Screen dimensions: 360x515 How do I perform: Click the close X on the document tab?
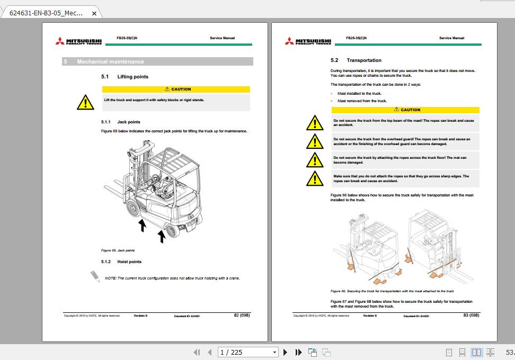pos(94,13)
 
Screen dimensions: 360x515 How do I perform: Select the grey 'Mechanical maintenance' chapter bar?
pos(157,62)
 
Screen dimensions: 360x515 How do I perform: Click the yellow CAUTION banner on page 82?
pos(175,89)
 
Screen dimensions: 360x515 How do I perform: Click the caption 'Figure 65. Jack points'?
pos(118,250)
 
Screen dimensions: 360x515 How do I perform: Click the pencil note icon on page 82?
pos(95,276)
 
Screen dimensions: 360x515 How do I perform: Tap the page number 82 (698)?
pos(242,315)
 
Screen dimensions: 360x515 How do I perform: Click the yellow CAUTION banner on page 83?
pos(405,110)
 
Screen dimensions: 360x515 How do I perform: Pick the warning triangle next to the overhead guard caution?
pos(315,141)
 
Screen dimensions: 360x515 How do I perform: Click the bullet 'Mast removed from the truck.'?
pos(362,101)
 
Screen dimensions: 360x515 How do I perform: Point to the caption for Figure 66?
pos(392,291)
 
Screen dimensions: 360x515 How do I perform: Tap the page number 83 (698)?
pos(471,315)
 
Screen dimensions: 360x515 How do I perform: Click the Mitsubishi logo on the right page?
pos(308,41)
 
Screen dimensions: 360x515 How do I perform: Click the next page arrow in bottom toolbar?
pos(286,352)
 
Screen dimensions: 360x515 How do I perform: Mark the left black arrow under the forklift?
pos(142,226)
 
